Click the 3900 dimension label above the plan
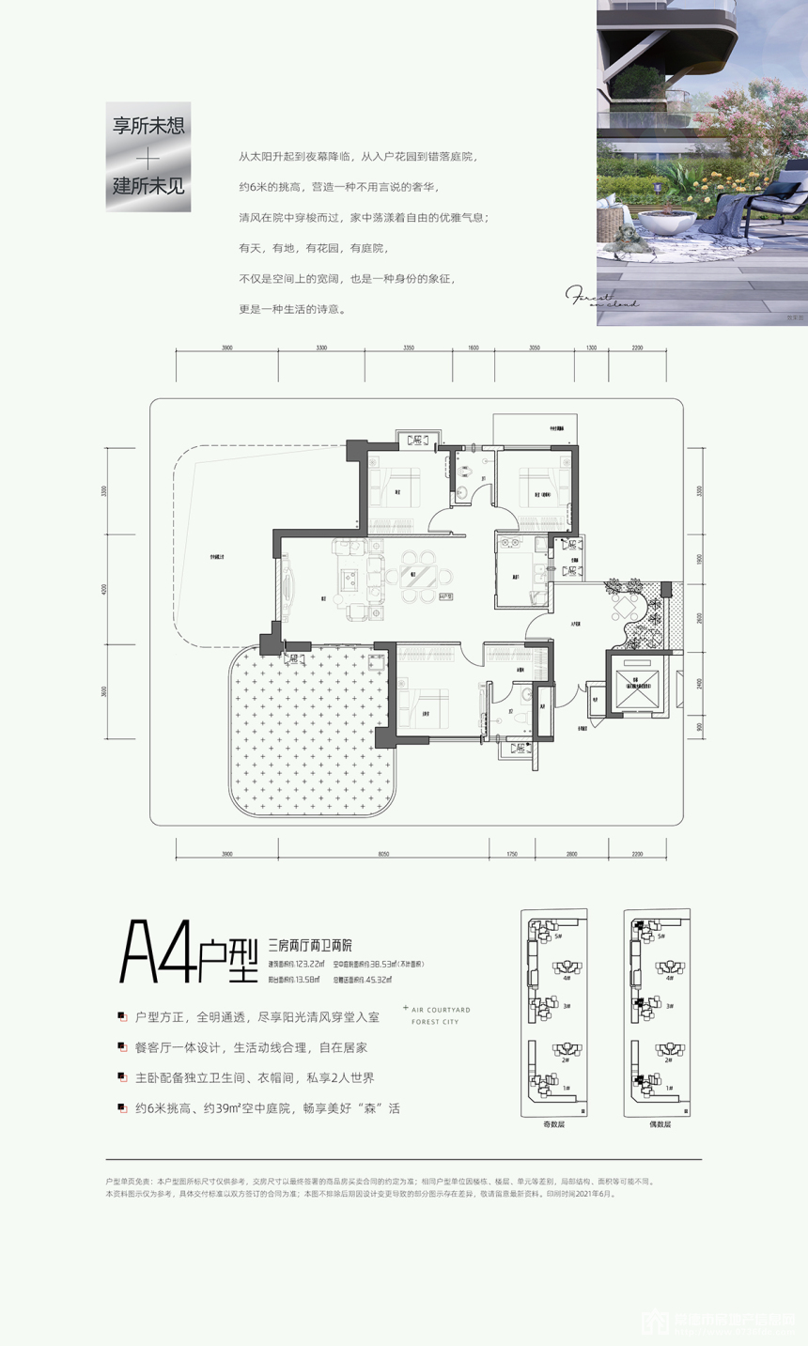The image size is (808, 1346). click(x=226, y=348)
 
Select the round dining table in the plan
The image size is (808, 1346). click(x=418, y=575)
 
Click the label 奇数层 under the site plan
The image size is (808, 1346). click(x=554, y=1124)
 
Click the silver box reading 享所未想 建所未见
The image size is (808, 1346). click(x=148, y=156)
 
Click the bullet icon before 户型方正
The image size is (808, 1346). click(x=122, y=1017)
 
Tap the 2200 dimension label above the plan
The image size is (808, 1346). click(x=637, y=348)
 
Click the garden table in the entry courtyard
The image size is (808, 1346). click(x=623, y=607)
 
